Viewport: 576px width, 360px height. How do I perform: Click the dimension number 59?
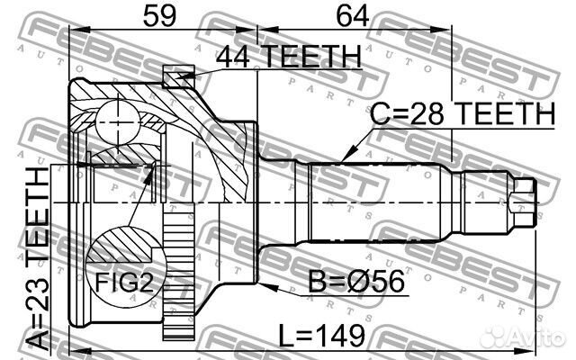[159, 15]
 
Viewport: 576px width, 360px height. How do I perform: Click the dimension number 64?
[352, 15]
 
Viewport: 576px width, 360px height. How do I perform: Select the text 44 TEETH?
[289, 56]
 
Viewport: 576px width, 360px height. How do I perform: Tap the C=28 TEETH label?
[463, 114]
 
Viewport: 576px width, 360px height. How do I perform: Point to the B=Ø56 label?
[356, 282]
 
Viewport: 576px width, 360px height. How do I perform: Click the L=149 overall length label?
[322, 335]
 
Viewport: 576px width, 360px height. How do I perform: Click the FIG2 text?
[124, 282]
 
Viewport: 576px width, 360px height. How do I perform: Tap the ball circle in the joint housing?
[118, 122]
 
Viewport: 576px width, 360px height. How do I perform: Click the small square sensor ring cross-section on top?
[178, 76]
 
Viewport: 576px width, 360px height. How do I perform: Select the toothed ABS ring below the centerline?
[178, 272]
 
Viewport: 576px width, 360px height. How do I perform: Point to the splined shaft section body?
[374, 202]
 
